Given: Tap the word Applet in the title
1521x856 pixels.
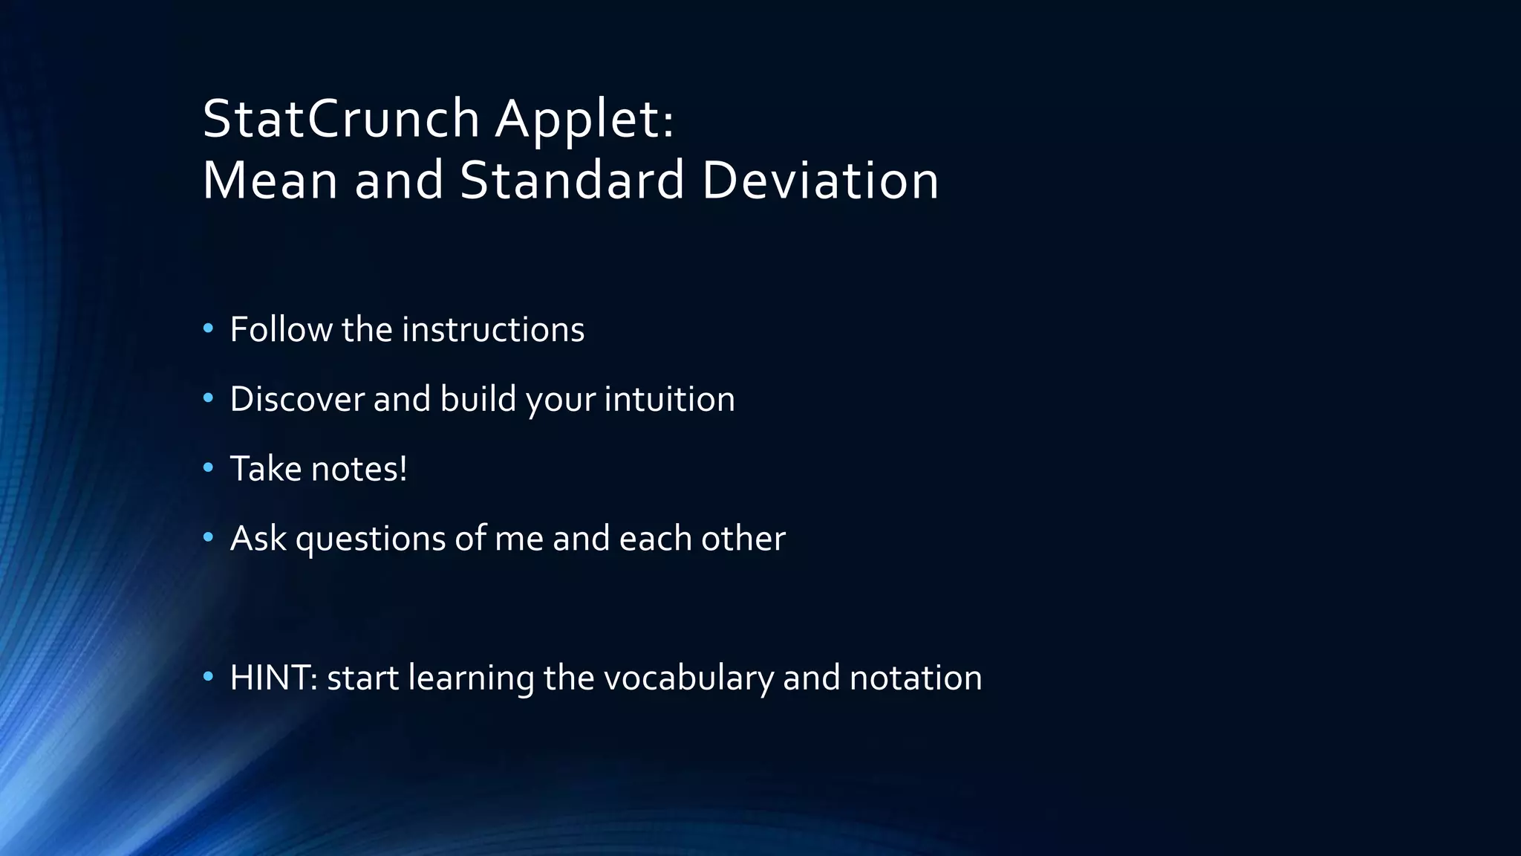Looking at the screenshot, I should (x=584, y=119).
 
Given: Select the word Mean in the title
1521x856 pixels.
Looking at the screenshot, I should (x=270, y=181).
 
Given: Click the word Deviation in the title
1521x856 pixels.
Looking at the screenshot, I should (x=820, y=181).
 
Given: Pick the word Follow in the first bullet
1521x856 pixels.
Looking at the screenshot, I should (x=281, y=329).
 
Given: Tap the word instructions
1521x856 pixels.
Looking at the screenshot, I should (x=493, y=329).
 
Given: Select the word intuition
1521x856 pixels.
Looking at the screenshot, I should (x=669, y=399).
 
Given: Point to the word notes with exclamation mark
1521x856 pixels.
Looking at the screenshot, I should (x=359, y=469).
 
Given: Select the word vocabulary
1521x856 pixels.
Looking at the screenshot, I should (x=688, y=678).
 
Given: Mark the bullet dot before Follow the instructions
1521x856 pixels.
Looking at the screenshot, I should (x=208, y=328).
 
